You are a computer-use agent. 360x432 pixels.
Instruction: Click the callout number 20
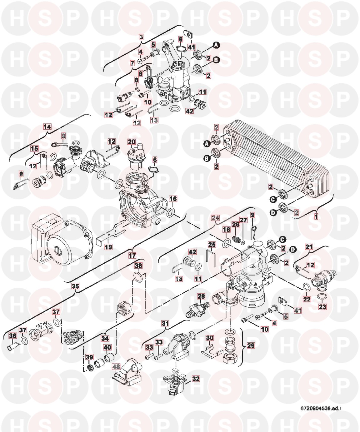[131, 141]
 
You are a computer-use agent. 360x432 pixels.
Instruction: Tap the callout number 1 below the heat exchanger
[316, 216]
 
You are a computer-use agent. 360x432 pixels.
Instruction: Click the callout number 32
[196, 379]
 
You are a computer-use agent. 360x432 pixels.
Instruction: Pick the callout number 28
[201, 295]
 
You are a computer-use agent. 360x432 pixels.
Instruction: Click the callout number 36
[12, 336]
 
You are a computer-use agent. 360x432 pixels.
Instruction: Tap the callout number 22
[307, 299]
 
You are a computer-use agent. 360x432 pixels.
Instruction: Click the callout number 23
[322, 307]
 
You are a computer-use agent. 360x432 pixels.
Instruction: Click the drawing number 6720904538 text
[320, 408]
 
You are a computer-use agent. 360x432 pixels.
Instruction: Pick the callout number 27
[243, 220]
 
